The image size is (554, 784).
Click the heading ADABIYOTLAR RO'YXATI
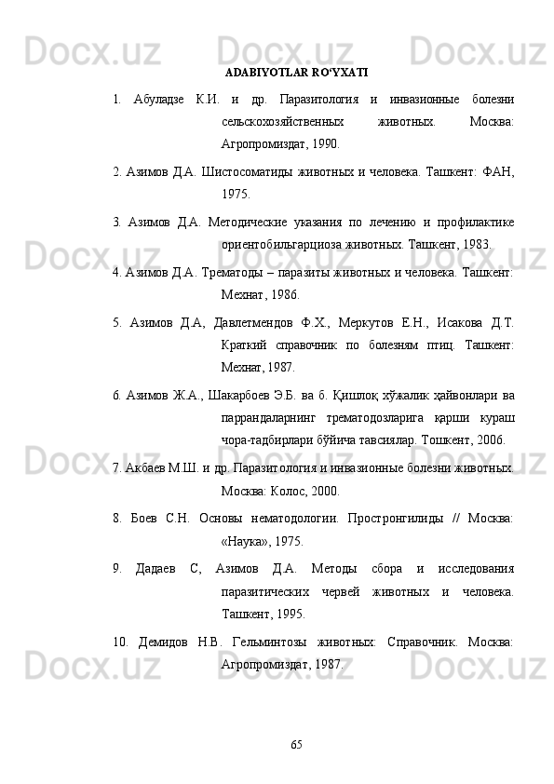tap(296, 71)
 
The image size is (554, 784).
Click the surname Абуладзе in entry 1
tap(162, 99)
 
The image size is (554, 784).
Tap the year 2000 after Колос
tap(321, 490)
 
